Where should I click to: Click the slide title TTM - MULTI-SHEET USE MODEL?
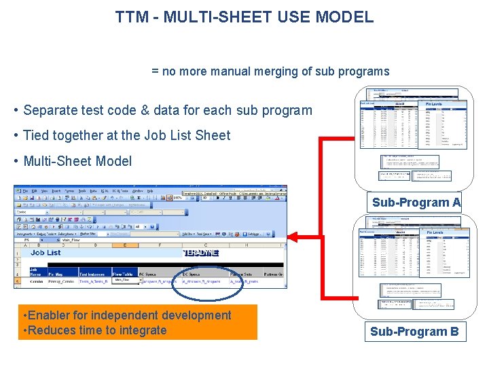pyautogui.click(x=244, y=17)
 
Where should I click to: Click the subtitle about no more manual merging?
pyautogui.click(x=270, y=71)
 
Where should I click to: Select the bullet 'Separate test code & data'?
pyautogui.click(x=167, y=110)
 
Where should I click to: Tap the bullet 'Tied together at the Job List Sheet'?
pyautogui.click(x=126, y=135)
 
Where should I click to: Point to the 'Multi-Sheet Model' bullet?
pyautogui.click(x=77, y=161)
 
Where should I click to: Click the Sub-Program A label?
pyautogui.click(x=416, y=203)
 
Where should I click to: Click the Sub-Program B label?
pyautogui.click(x=414, y=332)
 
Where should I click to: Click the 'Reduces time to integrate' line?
pyautogui.click(x=94, y=330)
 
